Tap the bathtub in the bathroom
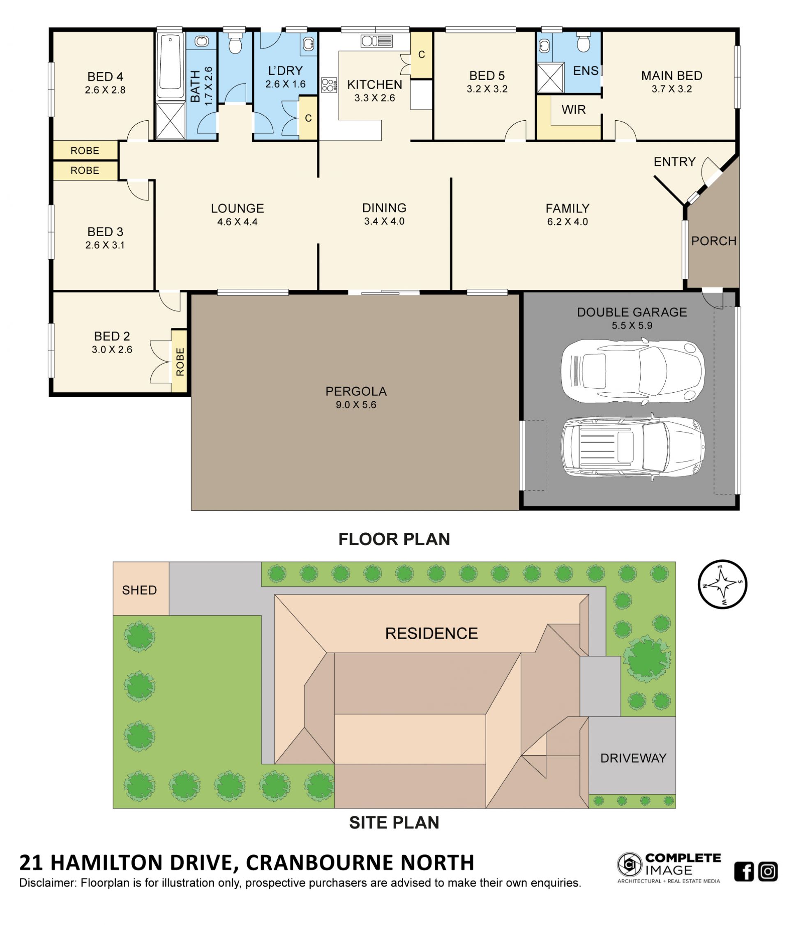(170, 65)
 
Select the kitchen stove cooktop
(329, 85)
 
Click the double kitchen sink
(376, 41)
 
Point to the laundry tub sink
(308, 44)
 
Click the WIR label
(573, 109)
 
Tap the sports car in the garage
(632, 371)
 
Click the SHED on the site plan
(139, 590)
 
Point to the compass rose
(722, 584)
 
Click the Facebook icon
(743, 871)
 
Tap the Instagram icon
(768, 871)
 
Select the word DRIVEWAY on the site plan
(633, 757)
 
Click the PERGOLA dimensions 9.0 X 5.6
(356, 405)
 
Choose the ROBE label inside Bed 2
(180, 361)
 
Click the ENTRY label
(674, 161)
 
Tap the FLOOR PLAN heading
(394, 539)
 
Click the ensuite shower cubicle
(550, 78)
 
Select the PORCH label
(713, 241)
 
